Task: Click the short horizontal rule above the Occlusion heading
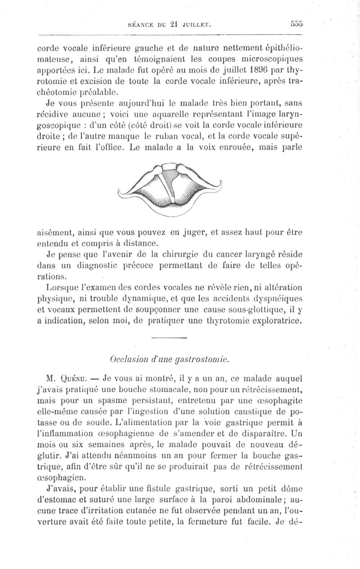point(169,338)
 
